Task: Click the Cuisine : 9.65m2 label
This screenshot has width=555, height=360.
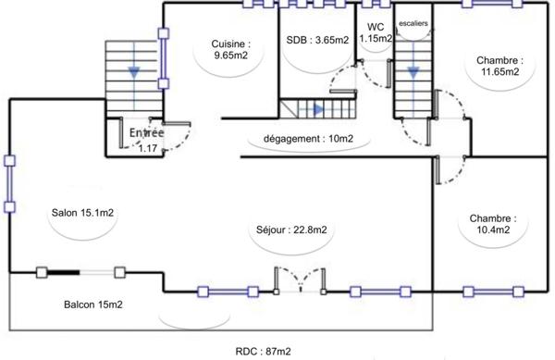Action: click(228, 49)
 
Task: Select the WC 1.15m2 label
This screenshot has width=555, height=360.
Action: click(376, 32)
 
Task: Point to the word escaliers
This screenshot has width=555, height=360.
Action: click(413, 20)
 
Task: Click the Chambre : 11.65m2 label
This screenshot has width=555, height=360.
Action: click(498, 66)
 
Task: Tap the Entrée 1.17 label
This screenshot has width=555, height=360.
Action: click(146, 139)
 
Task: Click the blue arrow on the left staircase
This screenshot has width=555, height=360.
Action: click(135, 70)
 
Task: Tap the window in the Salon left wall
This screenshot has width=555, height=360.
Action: click(9, 184)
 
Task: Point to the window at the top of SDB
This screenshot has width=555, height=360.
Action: click(312, 3)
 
